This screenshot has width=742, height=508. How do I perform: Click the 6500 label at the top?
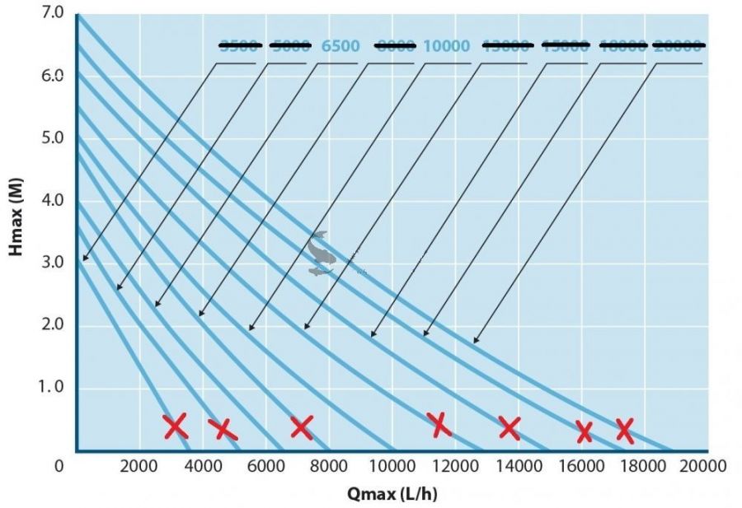[x=340, y=46]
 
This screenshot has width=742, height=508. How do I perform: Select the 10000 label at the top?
[x=446, y=46]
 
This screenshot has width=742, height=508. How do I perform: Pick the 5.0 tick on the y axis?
[x=52, y=137]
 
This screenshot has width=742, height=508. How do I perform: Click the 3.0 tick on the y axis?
[x=52, y=263]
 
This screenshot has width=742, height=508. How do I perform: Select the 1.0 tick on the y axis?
[x=52, y=388]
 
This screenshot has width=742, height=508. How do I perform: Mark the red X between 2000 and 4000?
[x=175, y=426]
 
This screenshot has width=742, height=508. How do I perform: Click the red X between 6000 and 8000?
[x=302, y=426]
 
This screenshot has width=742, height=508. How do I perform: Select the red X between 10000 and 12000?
[x=439, y=424]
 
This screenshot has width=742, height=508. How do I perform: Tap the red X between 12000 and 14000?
[x=510, y=427]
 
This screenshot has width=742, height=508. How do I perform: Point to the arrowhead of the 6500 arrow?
[x=157, y=306]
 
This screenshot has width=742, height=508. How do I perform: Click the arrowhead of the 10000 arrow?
[x=251, y=329]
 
